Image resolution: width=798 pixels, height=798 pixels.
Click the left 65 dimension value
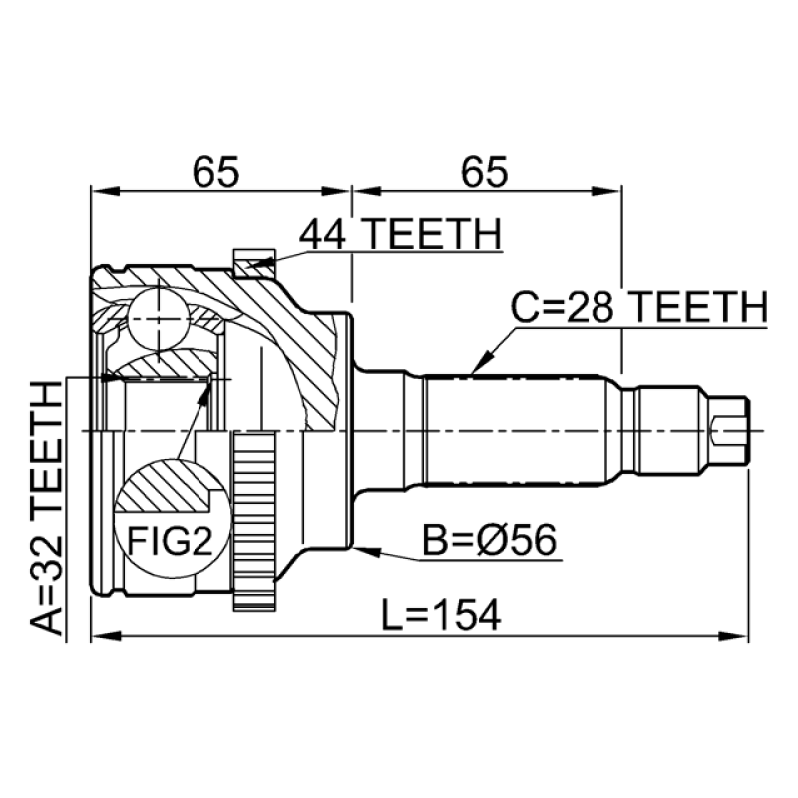coord(215,171)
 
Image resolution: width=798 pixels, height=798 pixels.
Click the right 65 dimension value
coord(484,171)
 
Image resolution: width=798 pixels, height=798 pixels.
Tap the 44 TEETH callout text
coord(400,234)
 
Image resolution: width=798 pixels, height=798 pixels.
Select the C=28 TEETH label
coord(638,307)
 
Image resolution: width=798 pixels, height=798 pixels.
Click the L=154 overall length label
coord(441,615)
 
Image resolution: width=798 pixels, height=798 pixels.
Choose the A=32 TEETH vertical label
coord(46,509)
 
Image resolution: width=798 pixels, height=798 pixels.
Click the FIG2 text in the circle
coord(170,541)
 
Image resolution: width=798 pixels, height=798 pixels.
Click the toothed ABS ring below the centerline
coord(254,521)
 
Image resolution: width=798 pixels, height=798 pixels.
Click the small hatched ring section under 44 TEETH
coord(254,264)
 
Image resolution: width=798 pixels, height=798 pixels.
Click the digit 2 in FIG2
coord(202,541)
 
